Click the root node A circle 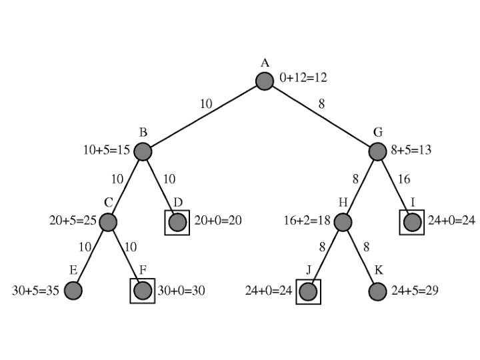click(265, 81)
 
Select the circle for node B click(143, 152)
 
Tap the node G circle click(377, 151)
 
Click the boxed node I click(412, 222)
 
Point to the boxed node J click(308, 291)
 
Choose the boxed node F click(143, 291)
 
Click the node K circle click(377, 291)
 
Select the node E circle click(73, 291)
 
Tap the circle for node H click(343, 222)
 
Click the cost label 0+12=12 click(303, 78)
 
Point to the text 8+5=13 click(411, 150)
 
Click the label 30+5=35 click(37, 291)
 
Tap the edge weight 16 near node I click(403, 179)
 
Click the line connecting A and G click(321, 116)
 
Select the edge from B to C click(125, 187)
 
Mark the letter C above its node click(107, 202)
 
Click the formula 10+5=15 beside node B click(107, 150)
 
